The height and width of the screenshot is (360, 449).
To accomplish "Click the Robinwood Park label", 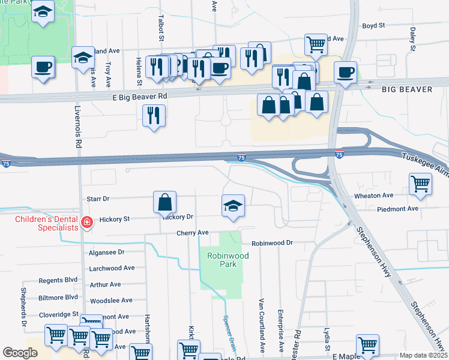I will pos(228,259).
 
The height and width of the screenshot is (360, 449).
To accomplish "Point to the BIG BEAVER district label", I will pos(406,89).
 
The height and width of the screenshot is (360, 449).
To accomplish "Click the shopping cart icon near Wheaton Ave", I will pos(420,185).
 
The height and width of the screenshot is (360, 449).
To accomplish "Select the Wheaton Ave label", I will pos(374,195).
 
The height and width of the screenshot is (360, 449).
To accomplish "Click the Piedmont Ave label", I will pos(397,209).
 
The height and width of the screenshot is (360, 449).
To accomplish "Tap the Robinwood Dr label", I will pos(271,243).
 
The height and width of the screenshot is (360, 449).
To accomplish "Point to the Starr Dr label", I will pos(98,198).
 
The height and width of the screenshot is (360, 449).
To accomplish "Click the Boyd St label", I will pos(373,26).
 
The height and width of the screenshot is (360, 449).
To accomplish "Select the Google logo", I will pos(20,353).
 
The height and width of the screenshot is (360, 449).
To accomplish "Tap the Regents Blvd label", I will pos(58,280).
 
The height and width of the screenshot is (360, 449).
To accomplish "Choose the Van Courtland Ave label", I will pos(262,324).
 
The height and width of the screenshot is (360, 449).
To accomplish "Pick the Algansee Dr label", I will pos(106,253).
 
